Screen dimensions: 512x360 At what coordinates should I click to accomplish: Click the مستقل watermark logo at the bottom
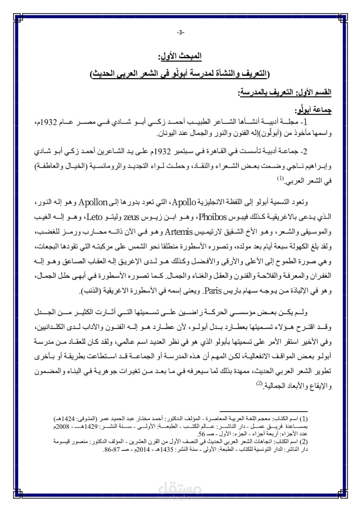[180, 491]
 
